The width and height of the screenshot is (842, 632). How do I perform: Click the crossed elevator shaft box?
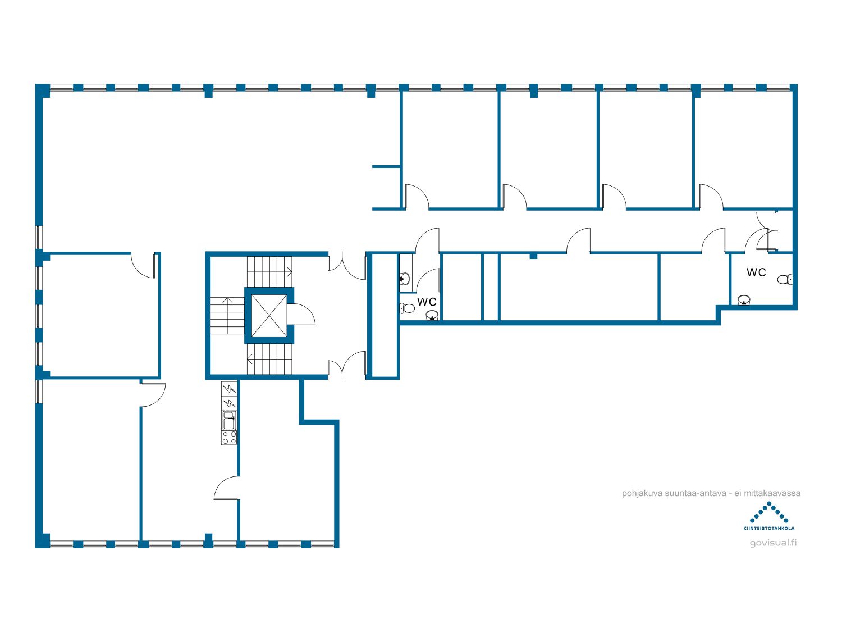269,315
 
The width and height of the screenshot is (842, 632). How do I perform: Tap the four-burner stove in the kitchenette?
229,438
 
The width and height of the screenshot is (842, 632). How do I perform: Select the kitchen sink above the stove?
229,421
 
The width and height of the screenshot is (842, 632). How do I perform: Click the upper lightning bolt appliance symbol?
229,389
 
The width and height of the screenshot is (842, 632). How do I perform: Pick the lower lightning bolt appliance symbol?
229,404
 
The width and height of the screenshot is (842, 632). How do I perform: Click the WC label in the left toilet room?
427,302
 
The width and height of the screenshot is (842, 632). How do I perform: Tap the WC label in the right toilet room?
756,272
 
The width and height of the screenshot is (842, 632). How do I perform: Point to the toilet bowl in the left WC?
407,308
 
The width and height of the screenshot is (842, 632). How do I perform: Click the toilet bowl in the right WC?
785,279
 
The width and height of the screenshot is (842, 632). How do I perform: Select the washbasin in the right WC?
744,300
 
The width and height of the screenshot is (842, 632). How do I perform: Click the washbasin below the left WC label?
432,315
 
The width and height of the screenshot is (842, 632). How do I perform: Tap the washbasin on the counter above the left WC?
404,278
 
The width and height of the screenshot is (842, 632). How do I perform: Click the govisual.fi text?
773,543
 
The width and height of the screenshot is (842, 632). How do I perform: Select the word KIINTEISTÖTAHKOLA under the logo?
768,529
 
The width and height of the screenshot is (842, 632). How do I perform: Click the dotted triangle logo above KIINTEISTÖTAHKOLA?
768,513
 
